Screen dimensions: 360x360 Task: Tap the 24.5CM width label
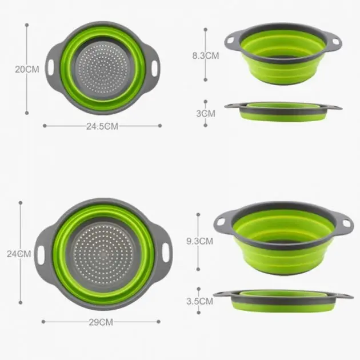[x=102, y=126]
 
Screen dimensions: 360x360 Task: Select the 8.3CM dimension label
[x=205, y=55]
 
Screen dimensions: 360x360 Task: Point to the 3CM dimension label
[x=206, y=113]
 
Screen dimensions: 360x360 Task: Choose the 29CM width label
[x=102, y=322]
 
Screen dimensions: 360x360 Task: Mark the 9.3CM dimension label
[x=199, y=241]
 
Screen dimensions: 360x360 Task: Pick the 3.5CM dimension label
[x=199, y=301]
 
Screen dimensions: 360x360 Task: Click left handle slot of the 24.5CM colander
[x=55, y=65]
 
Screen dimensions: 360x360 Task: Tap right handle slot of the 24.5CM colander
[x=154, y=65]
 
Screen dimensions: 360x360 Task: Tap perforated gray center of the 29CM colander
[x=104, y=253]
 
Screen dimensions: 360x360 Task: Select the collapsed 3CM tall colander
[x=283, y=110]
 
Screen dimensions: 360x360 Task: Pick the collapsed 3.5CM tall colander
[x=283, y=299]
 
